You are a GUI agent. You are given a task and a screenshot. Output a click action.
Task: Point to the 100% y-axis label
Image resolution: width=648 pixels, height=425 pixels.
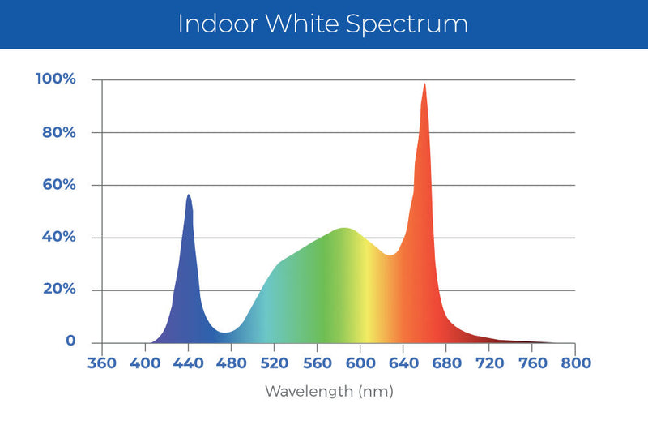(56, 79)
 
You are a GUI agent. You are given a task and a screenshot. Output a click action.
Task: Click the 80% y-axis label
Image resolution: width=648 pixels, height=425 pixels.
(60, 132)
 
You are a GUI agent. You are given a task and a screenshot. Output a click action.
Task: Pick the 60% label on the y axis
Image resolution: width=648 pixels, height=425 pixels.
(60, 185)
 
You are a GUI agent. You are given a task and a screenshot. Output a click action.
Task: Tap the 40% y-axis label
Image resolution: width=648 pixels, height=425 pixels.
(60, 237)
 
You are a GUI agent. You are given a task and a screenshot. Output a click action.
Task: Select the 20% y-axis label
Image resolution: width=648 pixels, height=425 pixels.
(60, 290)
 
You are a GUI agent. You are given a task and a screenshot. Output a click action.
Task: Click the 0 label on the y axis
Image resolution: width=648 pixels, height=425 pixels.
(71, 341)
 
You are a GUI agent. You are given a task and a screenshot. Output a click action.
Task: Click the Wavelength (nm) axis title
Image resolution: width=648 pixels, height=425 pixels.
(329, 392)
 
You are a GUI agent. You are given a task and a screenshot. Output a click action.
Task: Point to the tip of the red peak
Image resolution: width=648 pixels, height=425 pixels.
(424, 84)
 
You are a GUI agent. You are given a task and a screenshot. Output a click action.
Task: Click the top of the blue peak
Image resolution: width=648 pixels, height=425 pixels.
(189, 195)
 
